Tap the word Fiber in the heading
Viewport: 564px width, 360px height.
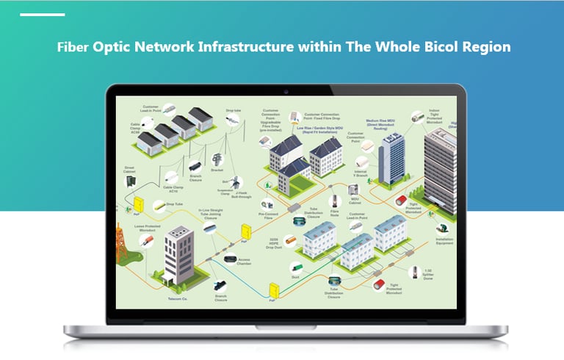pyautogui.click(x=73, y=47)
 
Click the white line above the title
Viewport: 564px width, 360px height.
pyautogui.click(x=42, y=14)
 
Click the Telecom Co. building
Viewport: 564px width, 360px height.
pyautogui.click(x=178, y=253)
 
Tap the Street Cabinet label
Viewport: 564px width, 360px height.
pyautogui.click(x=129, y=170)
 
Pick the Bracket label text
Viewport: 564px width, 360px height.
pyautogui.click(x=217, y=170)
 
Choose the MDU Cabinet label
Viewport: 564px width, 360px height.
pyautogui.click(x=355, y=201)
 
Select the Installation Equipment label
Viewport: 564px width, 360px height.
pyautogui.click(x=444, y=240)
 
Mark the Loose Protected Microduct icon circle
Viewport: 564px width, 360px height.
pyautogui.click(x=146, y=240)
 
